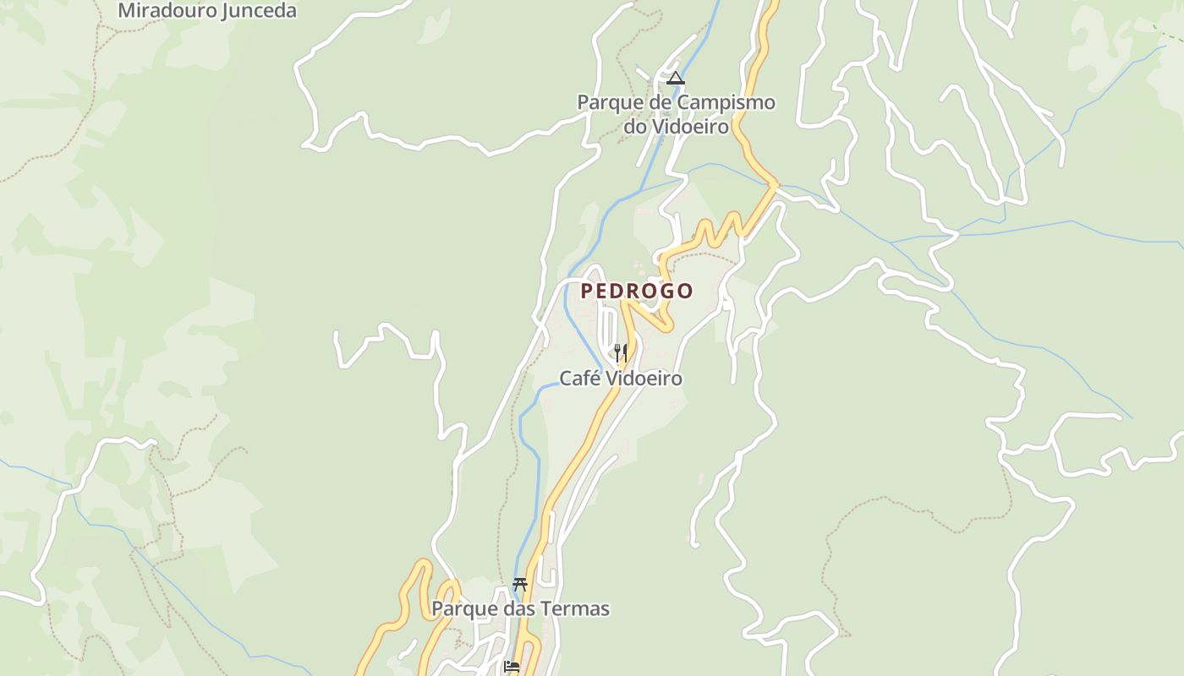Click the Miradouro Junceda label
point(207,11)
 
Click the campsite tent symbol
point(675,79)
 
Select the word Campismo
point(724,102)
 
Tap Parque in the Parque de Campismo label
point(607,102)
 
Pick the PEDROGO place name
point(637,291)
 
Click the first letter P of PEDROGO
point(587,291)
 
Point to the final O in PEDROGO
point(686,291)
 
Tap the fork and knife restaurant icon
point(620,352)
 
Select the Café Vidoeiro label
point(621,379)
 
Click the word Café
point(579,379)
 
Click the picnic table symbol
point(519,585)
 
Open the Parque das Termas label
point(520,608)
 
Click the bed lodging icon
point(511,667)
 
